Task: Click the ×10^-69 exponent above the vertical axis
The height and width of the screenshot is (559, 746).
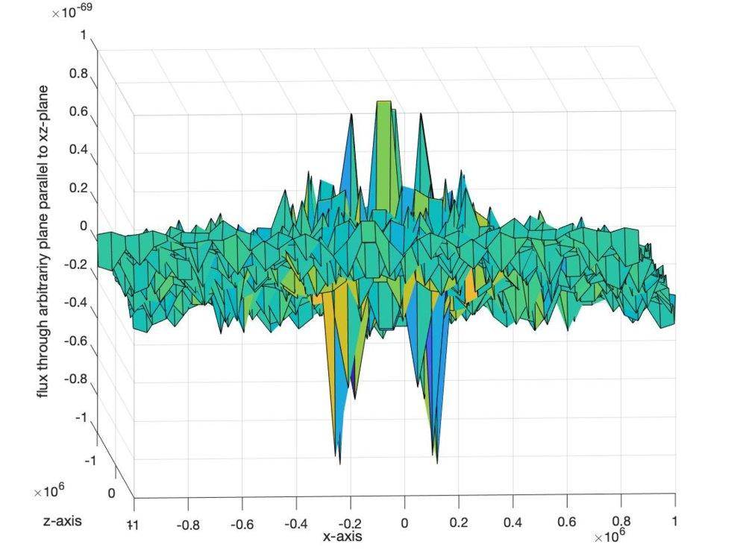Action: (72, 13)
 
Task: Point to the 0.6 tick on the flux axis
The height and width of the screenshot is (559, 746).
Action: (78, 111)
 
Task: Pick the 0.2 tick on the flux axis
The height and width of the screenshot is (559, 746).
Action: (78, 187)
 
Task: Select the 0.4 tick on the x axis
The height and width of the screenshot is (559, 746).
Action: (512, 524)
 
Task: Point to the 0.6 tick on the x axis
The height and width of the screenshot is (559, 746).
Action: (566, 524)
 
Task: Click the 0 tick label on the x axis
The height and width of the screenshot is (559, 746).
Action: (404, 524)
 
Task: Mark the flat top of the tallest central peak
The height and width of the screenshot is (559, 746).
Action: (384, 102)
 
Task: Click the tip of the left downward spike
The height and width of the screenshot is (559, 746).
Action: (340, 462)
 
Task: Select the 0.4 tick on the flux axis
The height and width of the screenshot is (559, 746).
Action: (78, 149)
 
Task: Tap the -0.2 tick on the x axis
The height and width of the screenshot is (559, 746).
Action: (350, 524)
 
